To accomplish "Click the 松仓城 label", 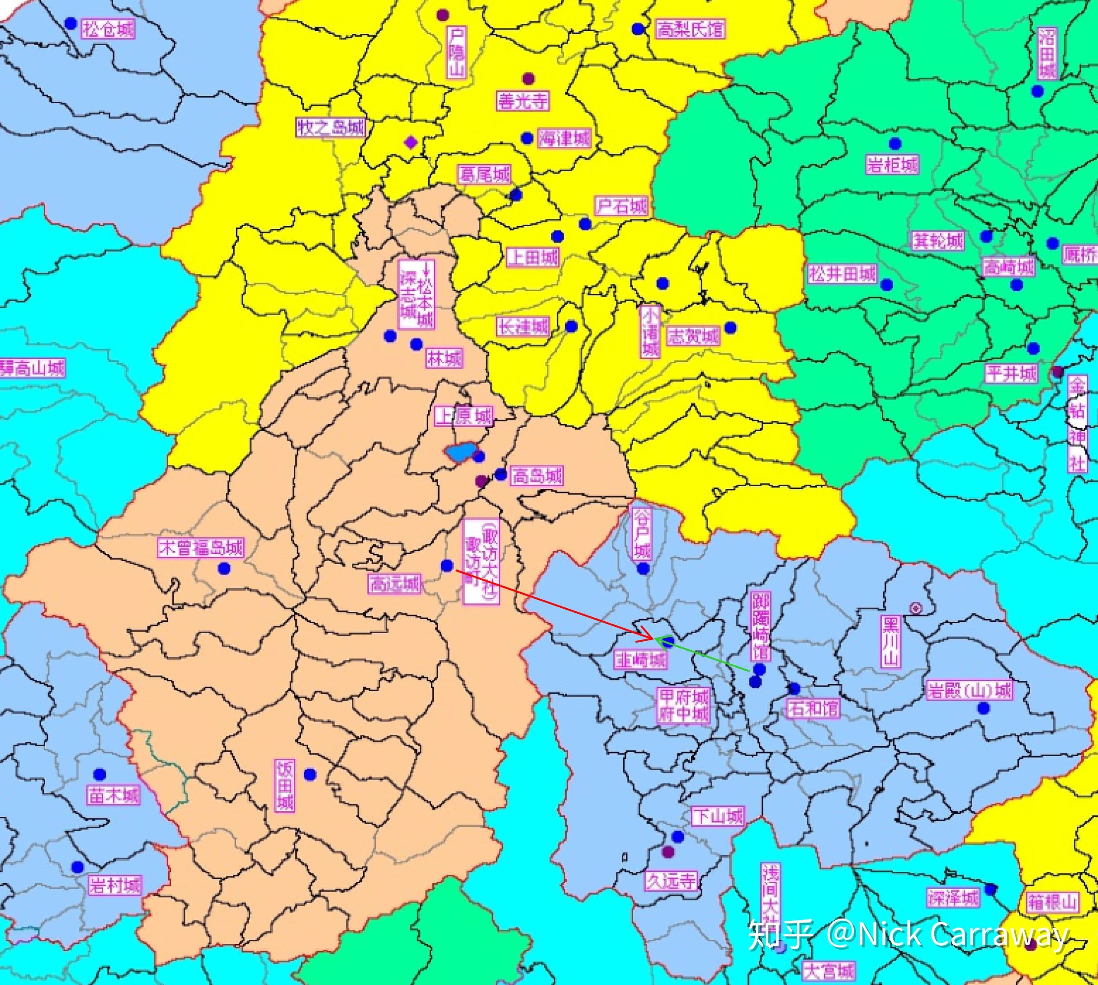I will point(108,28).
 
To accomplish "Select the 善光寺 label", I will point(522,101).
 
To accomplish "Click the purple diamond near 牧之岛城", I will point(411,142).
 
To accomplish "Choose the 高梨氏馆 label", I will point(690,28).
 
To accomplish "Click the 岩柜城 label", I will point(892,164).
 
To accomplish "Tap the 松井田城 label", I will point(842,274).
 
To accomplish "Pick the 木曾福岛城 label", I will point(201,548).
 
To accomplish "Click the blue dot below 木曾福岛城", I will point(223,568).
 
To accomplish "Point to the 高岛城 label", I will point(536,476).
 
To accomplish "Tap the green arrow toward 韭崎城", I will point(704,655).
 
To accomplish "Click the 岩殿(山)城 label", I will point(969,691).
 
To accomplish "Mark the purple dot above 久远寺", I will point(668,852).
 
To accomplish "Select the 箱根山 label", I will point(1052,902).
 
